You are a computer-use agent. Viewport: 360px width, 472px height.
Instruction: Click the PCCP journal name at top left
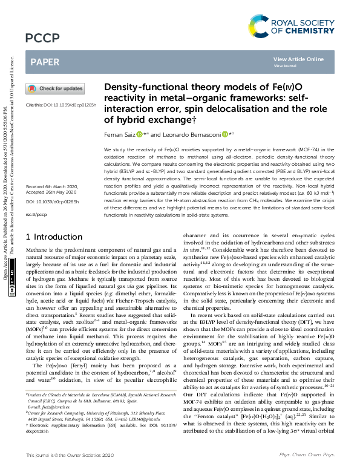(42, 39)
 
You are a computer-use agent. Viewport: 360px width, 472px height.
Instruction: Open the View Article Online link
(298, 59)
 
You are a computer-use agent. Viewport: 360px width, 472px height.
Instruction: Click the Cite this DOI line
(61, 105)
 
